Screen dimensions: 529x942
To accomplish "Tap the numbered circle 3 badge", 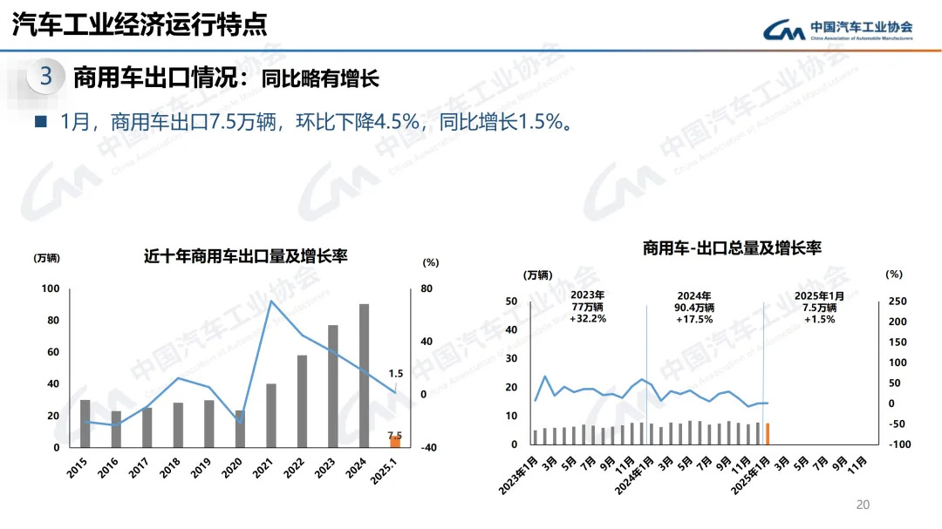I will coord(46,78).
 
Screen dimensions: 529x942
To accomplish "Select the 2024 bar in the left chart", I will coord(364,376).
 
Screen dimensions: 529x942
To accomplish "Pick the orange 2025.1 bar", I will coord(395,442).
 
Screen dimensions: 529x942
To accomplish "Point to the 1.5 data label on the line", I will coord(395,374).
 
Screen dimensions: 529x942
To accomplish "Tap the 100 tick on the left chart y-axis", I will coord(51,289).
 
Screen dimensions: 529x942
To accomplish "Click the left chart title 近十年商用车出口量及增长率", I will coord(246,256).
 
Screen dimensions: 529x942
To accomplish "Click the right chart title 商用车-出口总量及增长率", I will coord(732,248).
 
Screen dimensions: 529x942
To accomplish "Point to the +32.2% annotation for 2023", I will coord(588,319).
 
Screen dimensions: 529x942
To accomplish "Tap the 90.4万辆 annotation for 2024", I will coord(694,308).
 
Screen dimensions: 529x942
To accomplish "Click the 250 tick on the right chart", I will coord(898,302).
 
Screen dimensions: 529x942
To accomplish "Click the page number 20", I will coord(863,505).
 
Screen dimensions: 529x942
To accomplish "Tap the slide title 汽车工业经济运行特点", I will coord(140,24).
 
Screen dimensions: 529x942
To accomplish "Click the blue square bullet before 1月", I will coord(39,121).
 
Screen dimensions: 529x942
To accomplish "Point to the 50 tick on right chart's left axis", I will coord(512,302).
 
